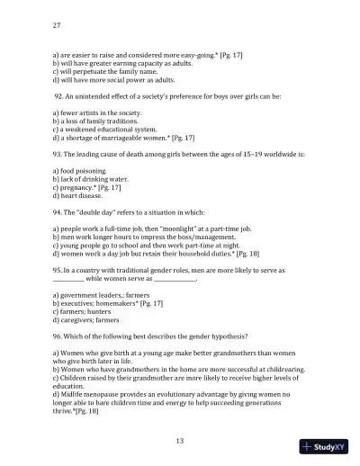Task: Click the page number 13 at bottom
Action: click(180, 440)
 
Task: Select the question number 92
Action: click(60, 95)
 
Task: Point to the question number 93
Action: click(58, 153)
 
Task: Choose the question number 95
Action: click(58, 269)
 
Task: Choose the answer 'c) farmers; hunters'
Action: click(85, 310)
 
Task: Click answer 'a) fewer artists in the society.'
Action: click(96, 112)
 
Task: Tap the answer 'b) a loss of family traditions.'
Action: click(96, 120)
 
